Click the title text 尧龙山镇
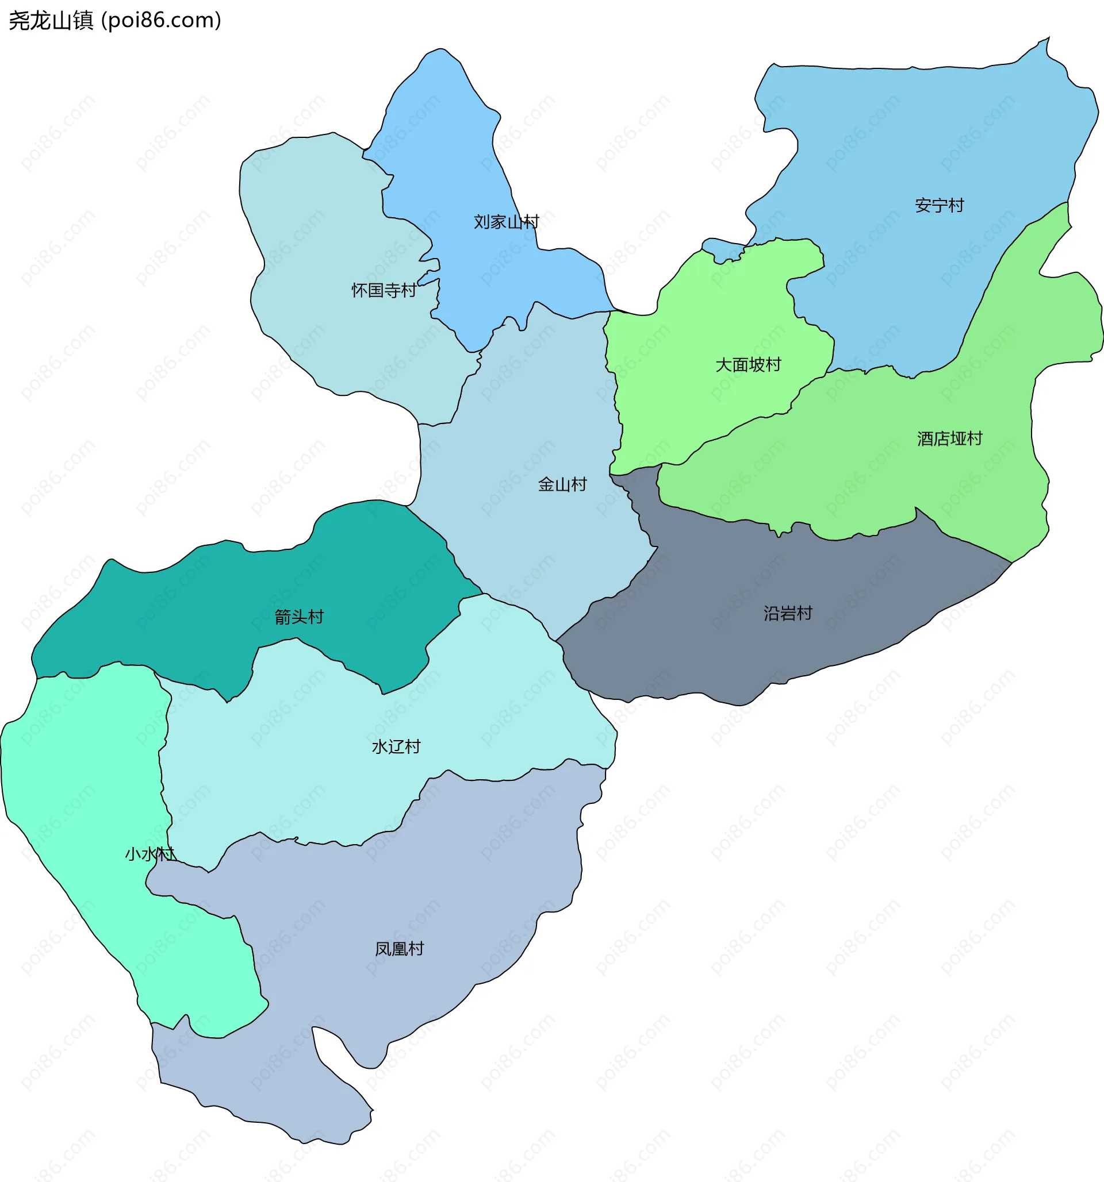51,21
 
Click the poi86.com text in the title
161,21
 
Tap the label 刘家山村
506,222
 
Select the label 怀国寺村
384,290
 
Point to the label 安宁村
939,205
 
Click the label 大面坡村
747,364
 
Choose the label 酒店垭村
949,439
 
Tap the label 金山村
562,484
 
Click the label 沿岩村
788,613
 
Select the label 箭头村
298,617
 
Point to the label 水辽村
396,746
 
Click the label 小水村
150,854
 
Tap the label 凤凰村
399,949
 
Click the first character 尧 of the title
18,21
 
